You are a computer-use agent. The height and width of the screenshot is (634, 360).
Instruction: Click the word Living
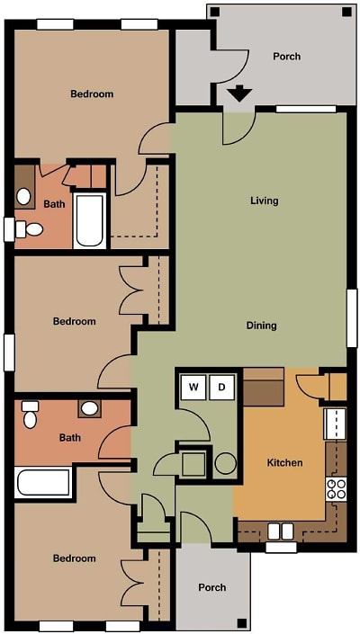click(264, 201)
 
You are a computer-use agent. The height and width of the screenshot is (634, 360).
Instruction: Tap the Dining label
click(261, 326)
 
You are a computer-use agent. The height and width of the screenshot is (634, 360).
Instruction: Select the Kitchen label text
click(284, 463)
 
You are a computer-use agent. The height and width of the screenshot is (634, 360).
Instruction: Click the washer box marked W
click(193, 388)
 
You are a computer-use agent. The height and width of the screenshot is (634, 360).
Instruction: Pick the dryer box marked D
click(222, 388)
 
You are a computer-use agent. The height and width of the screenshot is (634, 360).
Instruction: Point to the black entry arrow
click(239, 94)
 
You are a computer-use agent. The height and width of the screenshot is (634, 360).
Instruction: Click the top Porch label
click(286, 57)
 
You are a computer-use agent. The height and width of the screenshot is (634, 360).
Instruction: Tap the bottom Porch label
click(212, 587)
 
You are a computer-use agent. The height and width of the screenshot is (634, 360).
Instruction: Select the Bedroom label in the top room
click(92, 94)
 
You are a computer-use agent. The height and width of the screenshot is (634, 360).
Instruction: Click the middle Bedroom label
click(74, 321)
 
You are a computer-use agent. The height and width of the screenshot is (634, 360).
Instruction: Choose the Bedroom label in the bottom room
click(74, 558)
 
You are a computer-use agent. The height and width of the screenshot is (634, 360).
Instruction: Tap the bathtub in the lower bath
click(42, 483)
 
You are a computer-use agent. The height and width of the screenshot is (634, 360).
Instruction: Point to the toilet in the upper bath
click(31, 229)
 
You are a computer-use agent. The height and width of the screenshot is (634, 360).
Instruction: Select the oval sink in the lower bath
click(89, 409)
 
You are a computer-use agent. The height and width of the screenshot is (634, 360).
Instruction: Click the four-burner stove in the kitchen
click(336, 489)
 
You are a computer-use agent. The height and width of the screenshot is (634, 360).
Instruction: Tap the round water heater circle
click(225, 463)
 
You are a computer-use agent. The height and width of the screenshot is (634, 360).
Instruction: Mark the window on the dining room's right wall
click(352, 317)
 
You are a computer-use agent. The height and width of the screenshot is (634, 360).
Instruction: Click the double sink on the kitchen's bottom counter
click(281, 531)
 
